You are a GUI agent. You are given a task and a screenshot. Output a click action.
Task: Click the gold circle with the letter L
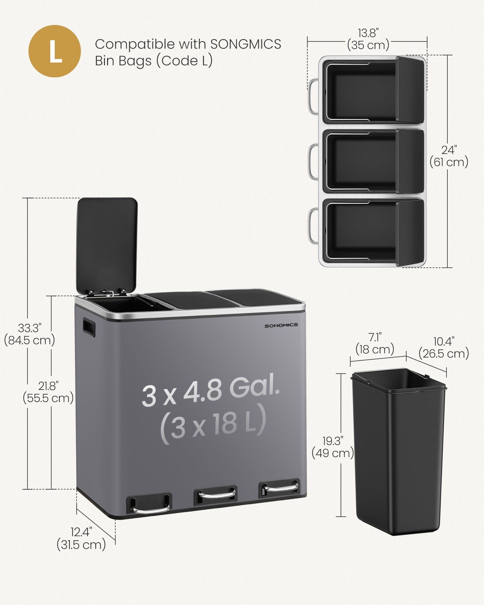pyautogui.click(x=55, y=51)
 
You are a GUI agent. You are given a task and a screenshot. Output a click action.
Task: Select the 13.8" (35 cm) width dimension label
pyautogui.click(x=368, y=39)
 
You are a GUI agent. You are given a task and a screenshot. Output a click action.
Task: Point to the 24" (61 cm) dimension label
pyautogui.click(x=449, y=156)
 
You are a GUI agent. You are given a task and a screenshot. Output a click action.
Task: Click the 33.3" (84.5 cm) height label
pyautogui.click(x=29, y=334)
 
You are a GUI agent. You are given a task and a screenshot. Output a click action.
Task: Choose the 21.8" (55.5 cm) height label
pyautogui.click(x=48, y=392)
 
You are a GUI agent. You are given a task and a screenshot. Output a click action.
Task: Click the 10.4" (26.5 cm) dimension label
pyautogui.click(x=444, y=348)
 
